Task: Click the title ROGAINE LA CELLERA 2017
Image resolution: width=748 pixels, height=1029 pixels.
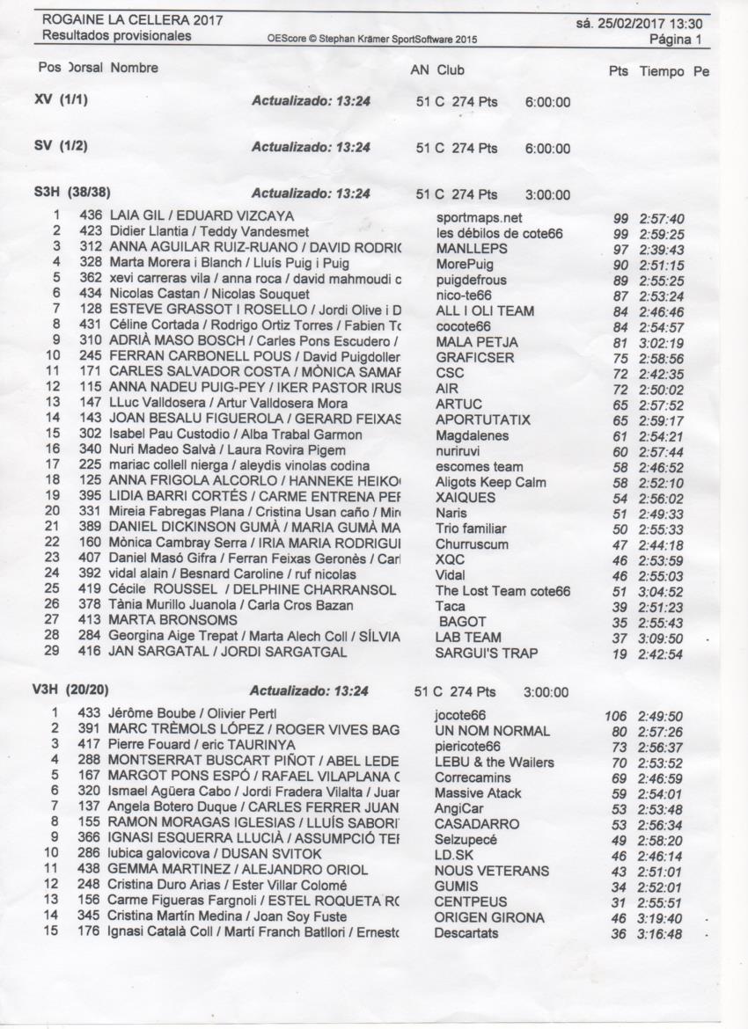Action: click(x=132, y=20)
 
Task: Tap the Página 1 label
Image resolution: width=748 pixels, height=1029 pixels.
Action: click(x=675, y=40)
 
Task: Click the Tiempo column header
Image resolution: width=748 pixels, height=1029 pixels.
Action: click(x=662, y=70)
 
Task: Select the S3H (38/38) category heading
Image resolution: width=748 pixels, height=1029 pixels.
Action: click(x=72, y=193)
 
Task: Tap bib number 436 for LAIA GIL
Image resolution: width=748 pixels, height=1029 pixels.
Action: click(x=91, y=215)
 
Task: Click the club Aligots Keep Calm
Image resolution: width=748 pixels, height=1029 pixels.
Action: click(x=490, y=482)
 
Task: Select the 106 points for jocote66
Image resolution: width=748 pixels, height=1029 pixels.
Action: click(x=615, y=716)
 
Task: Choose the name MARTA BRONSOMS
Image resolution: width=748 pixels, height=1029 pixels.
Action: click(x=161, y=621)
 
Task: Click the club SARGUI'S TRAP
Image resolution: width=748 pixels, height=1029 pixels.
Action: click(x=487, y=653)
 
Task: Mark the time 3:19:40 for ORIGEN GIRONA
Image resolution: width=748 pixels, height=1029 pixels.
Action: click(x=661, y=918)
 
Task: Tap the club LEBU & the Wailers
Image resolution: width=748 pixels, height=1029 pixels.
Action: click(x=494, y=763)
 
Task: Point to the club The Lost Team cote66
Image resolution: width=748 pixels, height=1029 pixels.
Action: click(x=502, y=591)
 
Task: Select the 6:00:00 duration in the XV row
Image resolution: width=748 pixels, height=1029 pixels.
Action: click(x=547, y=102)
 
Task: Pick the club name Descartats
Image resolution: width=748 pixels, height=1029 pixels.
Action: click(x=466, y=933)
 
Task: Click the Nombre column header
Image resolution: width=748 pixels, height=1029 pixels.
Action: click(x=135, y=68)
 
